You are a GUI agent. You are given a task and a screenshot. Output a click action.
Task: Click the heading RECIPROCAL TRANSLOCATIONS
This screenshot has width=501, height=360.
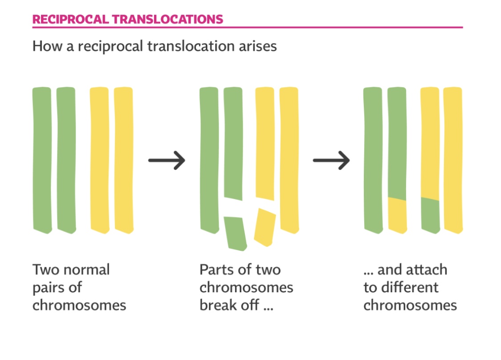point(127,19)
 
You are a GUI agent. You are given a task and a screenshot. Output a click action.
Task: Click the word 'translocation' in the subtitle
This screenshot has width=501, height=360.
point(191,46)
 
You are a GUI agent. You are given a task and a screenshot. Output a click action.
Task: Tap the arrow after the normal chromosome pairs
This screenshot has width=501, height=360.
point(167,160)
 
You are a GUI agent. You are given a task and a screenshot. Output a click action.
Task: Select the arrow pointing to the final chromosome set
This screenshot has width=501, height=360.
point(331,160)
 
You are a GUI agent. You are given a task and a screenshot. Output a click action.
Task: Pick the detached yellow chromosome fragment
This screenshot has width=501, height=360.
point(265,227)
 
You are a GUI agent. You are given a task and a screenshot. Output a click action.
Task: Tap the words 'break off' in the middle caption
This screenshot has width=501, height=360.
point(229,305)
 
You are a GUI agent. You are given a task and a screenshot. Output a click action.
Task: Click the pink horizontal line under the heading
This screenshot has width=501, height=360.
point(248,28)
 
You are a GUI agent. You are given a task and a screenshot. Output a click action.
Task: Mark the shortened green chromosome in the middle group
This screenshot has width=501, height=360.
point(233,143)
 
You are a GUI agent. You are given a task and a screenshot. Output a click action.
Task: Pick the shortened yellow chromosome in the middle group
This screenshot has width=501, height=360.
point(265,143)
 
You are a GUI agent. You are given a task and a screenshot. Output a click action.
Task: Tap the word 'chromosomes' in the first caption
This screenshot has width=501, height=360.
point(79,305)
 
